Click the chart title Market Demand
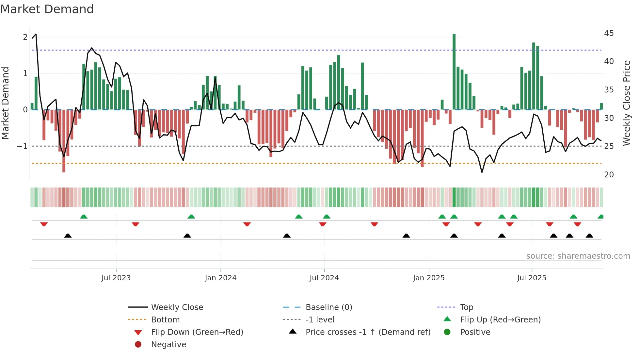coord(47,9)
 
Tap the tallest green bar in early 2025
coord(454,72)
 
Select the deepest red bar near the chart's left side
coord(64,140)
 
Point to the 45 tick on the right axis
coord(609,33)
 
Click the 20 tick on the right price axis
coord(609,175)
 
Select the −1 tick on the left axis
coord(23,146)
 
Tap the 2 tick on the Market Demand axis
coord(25,37)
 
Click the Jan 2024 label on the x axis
coord(220,278)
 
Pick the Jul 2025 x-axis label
coord(532,278)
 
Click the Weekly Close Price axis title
coord(626,103)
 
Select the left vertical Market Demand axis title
coord(5,103)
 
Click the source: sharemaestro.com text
coord(578,256)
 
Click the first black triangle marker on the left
coord(68,236)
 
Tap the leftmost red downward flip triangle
coord(44,224)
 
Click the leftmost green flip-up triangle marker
coord(84,217)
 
